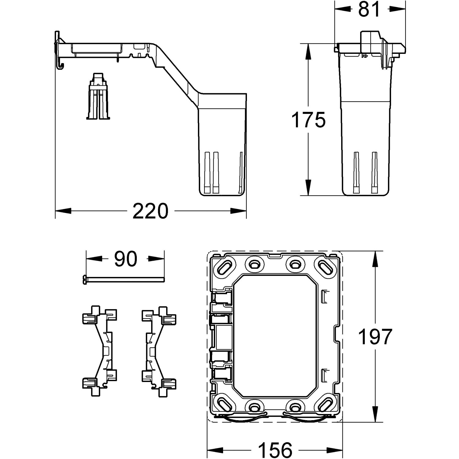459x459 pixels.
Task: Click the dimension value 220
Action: (x=150, y=211)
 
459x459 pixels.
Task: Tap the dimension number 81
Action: (x=369, y=9)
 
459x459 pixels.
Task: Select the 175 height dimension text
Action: (x=308, y=120)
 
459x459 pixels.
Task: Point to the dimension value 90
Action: (x=125, y=259)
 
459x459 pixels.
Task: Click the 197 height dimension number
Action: (x=375, y=337)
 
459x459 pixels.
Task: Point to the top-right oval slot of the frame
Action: (x=325, y=265)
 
